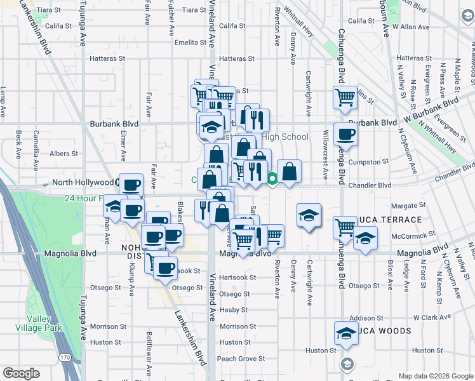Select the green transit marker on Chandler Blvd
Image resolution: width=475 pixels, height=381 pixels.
[272, 179]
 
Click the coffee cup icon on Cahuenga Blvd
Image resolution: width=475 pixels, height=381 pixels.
[345, 134]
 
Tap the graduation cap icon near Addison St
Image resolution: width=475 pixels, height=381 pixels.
[345, 333]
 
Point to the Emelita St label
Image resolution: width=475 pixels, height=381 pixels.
[191, 43]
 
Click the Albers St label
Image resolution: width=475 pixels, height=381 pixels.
[64, 153]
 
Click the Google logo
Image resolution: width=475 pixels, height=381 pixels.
[21, 373]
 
